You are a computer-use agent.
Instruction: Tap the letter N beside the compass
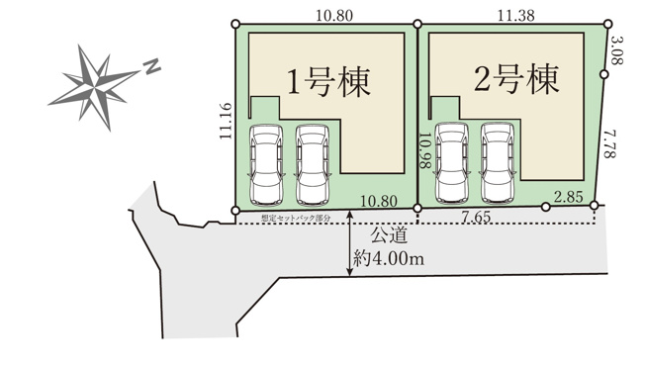(151, 66)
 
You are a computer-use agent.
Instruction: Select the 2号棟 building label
(510, 79)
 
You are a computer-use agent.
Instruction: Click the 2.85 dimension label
(569, 197)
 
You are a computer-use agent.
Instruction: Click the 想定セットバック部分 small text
(296, 217)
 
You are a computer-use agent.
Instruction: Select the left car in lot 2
(451, 161)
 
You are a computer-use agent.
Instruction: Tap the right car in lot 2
(498, 161)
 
